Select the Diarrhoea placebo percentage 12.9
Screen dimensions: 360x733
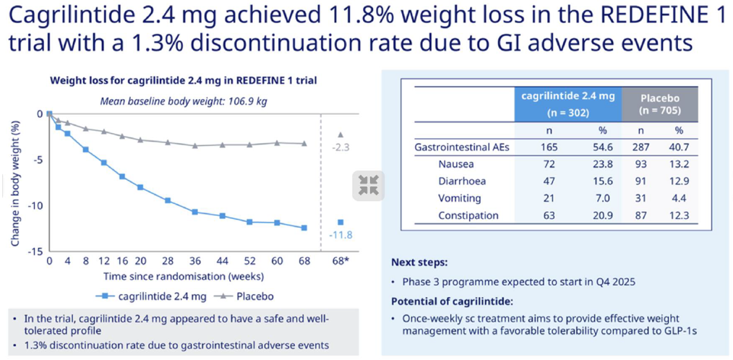(679, 181)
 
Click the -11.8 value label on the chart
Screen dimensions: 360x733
(340, 235)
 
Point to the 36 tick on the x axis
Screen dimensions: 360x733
(194, 260)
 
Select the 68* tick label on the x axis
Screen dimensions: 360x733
(340, 260)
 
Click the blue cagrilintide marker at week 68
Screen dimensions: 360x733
(304, 228)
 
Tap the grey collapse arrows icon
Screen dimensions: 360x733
(369, 185)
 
